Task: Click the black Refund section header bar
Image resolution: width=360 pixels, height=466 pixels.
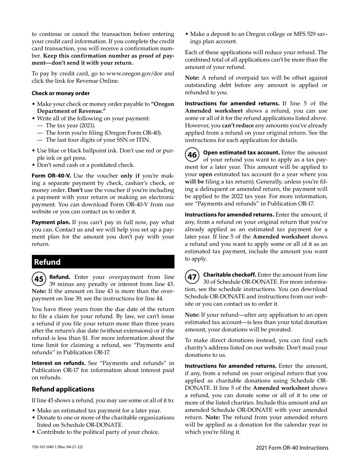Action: pyautogui.click(x=103, y=262)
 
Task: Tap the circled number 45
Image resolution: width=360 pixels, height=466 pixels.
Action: pyautogui.click(x=39, y=279)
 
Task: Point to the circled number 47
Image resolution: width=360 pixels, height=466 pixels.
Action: pyautogui.click(x=192, y=277)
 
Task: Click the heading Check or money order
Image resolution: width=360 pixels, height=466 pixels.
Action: pyautogui.click(x=61, y=93)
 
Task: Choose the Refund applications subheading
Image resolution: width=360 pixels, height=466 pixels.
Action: pyautogui.click(x=63, y=389)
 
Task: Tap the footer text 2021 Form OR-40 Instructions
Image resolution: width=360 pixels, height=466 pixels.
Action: pyautogui.click(x=292, y=448)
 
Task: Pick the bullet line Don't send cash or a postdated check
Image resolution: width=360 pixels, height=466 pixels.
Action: pyautogui.click(x=86, y=165)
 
